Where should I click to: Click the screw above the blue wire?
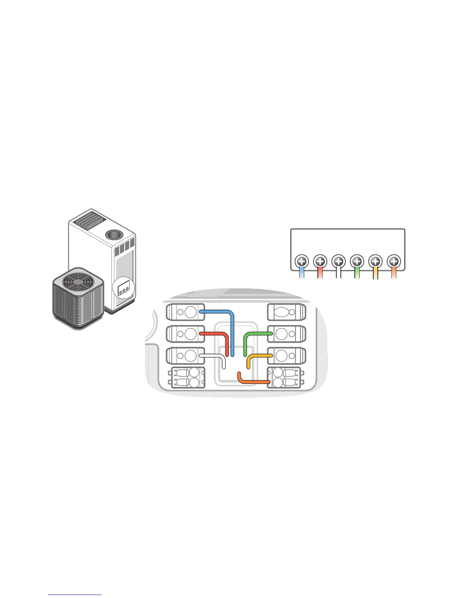point(302,261)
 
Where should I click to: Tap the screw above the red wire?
point(320,261)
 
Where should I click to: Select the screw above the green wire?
point(357,261)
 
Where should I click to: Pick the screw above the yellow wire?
point(376,261)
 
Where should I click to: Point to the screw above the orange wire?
point(394,261)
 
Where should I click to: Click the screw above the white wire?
point(339,261)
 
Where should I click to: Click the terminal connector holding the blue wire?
point(185,312)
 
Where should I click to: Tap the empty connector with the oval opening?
point(286,312)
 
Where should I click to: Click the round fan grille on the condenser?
point(77,282)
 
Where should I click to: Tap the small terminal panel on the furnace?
point(123,289)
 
